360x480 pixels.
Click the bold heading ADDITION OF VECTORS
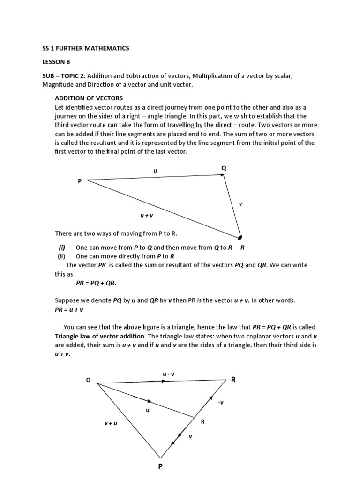pos(89,98)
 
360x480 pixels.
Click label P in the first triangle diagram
pos(80,181)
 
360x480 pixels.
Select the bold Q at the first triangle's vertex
pos(224,168)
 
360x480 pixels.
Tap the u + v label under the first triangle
pos(147,215)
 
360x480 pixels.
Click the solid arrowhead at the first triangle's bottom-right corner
pos(240,237)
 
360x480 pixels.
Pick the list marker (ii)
pos(62,256)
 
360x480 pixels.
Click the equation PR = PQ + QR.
pos(96,283)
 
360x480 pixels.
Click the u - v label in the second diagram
pos(168,374)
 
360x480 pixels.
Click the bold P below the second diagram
pos(160,467)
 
